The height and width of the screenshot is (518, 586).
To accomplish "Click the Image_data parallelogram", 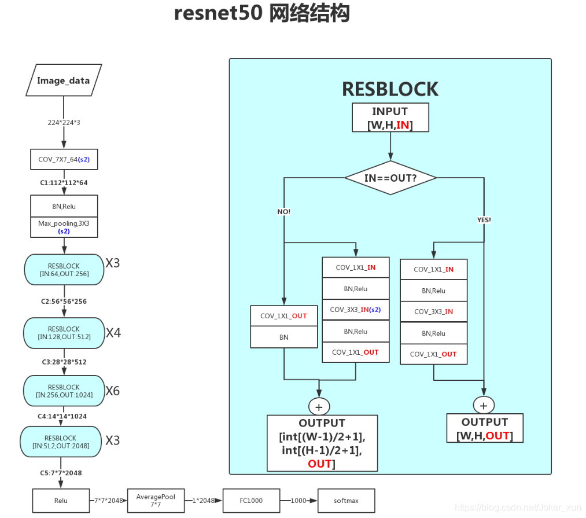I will [x=64, y=80].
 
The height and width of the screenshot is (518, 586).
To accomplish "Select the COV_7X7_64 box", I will [x=64, y=159].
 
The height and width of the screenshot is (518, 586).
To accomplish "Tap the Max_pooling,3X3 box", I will [x=64, y=226].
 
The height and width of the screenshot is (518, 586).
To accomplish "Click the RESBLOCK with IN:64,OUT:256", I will [x=64, y=270].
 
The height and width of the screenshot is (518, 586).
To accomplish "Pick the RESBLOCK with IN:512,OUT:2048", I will [x=64, y=442].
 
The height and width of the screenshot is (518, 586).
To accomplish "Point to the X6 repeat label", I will [x=113, y=391].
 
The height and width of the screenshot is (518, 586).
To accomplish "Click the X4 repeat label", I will [x=113, y=333].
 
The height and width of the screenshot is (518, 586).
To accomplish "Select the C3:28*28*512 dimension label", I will [x=64, y=362].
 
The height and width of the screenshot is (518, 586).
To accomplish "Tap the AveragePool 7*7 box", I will [x=156, y=501].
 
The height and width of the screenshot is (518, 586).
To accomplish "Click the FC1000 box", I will [x=251, y=501].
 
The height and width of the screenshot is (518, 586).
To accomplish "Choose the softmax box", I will [x=346, y=501].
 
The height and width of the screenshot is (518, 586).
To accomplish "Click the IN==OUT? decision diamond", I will [x=390, y=178].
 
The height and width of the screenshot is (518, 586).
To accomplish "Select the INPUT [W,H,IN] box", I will [x=390, y=117].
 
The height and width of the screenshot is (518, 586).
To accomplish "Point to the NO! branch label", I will [x=283, y=212].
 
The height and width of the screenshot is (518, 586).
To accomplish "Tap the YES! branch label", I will [x=484, y=220].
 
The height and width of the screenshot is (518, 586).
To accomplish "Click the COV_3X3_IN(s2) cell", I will [x=356, y=310].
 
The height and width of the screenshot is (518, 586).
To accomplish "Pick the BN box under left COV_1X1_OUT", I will [x=283, y=337].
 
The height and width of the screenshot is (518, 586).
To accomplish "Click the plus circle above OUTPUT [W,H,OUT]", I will [x=484, y=404].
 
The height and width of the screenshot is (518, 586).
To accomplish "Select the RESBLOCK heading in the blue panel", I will [x=390, y=89].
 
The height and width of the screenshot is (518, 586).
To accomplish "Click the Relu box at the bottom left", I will [x=60, y=501].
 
